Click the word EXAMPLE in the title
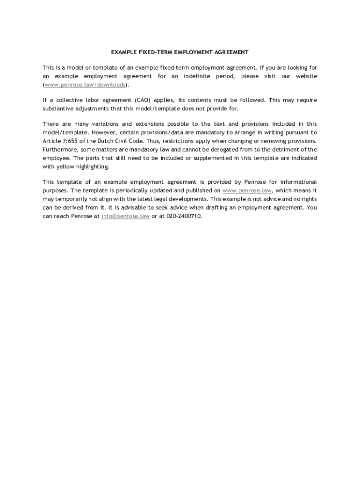tap(123, 52)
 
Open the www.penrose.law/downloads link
tap(85, 85)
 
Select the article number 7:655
tap(71, 141)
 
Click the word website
tap(306, 76)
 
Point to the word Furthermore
tap(58, 150)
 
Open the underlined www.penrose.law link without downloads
tap(246, 190)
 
